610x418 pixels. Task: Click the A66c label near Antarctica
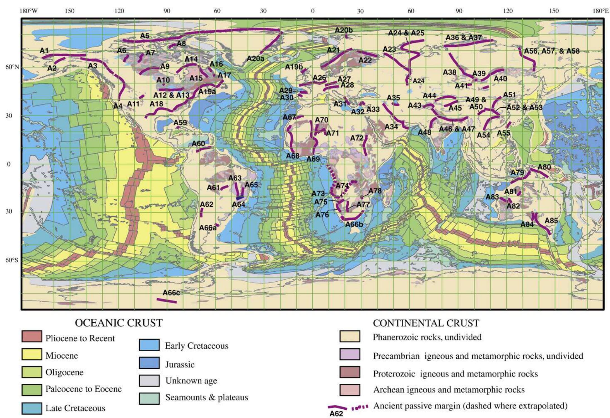click(171, 293)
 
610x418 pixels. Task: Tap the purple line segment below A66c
click(167, 301)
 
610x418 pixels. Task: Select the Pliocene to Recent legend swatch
click(32, 336)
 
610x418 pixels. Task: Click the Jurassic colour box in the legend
click(149, 363)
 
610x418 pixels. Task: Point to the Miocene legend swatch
click(32, 354)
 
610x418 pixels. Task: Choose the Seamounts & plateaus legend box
click(149, 398)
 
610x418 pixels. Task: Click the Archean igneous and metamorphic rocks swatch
click(349, 390)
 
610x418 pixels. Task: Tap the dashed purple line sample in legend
click(360, 407)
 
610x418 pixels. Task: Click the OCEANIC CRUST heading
click(119, 323)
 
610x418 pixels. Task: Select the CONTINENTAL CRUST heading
click(426, 323)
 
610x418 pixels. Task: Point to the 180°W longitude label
click(28, 11)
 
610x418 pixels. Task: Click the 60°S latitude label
click(12, 260)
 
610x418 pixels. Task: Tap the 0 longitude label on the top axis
click(313, 11)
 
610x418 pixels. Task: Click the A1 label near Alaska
click(44, 50)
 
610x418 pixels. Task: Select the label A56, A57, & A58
click(551, 51)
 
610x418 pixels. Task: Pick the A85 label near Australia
click(551, 221)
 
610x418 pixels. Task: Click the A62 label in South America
click(206, 204)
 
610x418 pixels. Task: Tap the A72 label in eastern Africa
click(357, 138)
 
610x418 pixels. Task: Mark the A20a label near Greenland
click(255, 59)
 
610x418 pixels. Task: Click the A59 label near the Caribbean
click(180, 122)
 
